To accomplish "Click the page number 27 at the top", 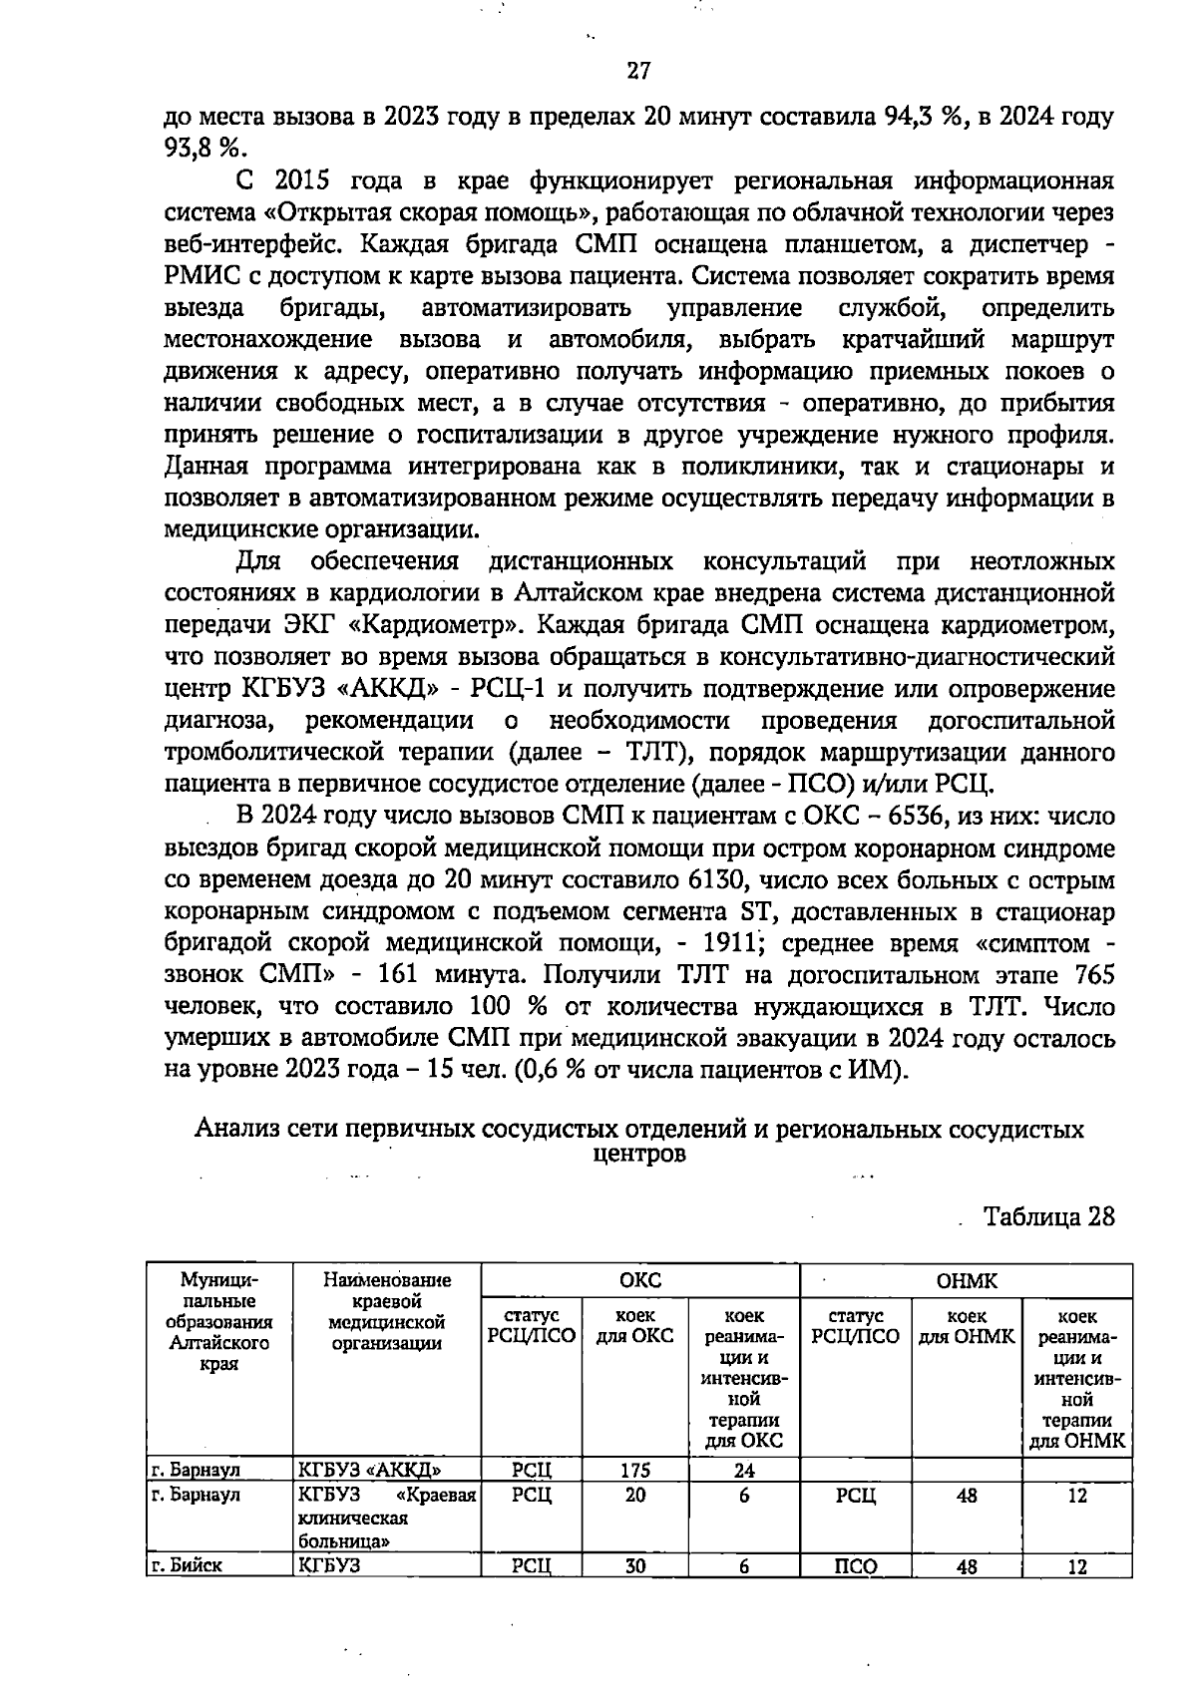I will (638, 71).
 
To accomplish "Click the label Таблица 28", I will (1048, 1217).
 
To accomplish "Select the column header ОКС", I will (639, 1280).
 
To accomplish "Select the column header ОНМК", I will (966, 1280).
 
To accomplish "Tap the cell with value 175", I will (634, 1470).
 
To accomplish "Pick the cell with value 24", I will (744, 1470).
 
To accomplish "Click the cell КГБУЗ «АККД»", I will (370, 1470).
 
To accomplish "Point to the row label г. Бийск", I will (186, 1565).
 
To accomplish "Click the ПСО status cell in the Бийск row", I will (855, 1566).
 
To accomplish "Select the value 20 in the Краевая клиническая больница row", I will (634, 1496).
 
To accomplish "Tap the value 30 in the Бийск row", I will (634, 1566).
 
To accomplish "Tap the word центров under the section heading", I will (638, 1155).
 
